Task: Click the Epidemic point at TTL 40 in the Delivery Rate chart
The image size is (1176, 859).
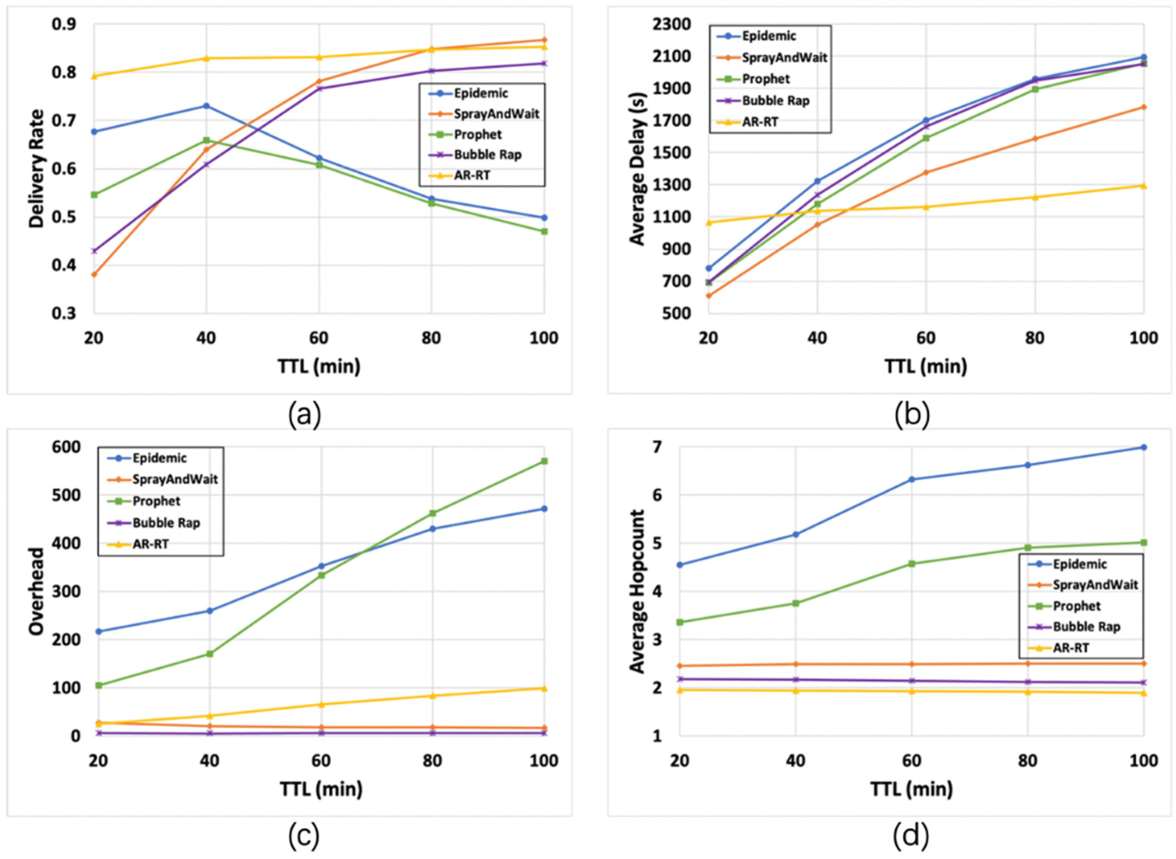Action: (x=206, y=106)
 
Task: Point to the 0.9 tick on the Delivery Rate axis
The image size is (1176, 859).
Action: (x=64, y=24)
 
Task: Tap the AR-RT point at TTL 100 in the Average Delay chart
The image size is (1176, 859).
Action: (x=1144, y=186)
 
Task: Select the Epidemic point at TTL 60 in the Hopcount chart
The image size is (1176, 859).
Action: (x=912, y=479)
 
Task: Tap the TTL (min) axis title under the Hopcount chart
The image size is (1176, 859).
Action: (x=912, y=790)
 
